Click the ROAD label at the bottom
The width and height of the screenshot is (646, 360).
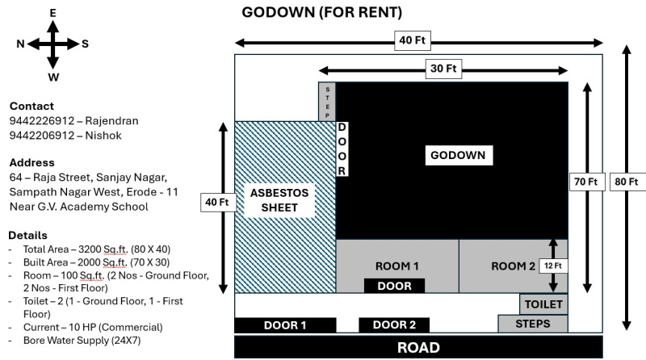[417, 348]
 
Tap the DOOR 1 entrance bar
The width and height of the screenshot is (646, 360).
[285, 325]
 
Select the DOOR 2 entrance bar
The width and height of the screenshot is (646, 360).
[396, 325]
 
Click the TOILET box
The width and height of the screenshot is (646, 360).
[543, 304]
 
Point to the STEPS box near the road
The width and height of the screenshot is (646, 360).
[532, 324]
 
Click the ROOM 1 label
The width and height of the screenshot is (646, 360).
[398, 266]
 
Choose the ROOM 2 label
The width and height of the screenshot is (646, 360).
[514, 266]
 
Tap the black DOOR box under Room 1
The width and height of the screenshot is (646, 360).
[395, 286]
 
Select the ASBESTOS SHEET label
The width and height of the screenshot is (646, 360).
[279, 200]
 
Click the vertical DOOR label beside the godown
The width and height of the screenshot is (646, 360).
[342, 149]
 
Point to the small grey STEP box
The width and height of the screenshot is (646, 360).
[327, 102]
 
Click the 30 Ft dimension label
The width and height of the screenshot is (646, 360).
[443, 69]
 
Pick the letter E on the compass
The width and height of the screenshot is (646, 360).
[53, 13]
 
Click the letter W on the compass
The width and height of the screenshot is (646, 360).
[53, 77]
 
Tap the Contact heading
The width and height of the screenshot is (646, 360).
[32, 106]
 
